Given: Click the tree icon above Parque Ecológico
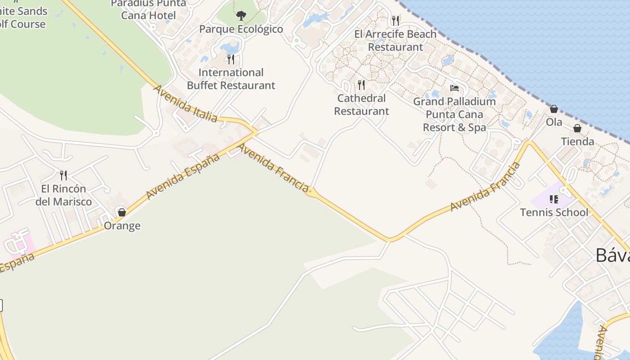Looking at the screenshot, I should coord(241,16).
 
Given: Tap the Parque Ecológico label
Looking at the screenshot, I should coord(241,29).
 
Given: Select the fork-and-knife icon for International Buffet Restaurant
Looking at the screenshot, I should coord(231,59).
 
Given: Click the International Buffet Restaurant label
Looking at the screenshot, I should coord(231,79).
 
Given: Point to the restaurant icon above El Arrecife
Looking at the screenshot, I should coord(395,20).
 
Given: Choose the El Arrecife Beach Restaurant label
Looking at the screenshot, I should coord(396,40).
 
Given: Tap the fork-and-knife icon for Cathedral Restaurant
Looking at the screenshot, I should coord(361,85).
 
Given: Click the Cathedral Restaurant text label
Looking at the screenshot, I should coord(361,105).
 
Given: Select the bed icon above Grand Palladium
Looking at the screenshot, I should coord(454,88).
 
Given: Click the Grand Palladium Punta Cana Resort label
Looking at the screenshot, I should coord(454,114).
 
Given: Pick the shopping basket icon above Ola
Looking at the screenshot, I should coord(554,109).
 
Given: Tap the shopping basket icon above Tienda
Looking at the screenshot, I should coord(577,128).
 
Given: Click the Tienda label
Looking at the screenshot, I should coord(577,142).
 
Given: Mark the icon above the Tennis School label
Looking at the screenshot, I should coord(554,199).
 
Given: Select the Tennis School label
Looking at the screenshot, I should coord(554,212).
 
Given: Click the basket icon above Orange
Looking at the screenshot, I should coord(121,212).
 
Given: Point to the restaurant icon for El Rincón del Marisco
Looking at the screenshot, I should coord(63,175).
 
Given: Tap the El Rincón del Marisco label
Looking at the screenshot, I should coord(63,195).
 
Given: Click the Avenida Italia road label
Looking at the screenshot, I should coord(185,103).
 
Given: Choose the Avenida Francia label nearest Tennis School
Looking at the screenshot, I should coord(485,187).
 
